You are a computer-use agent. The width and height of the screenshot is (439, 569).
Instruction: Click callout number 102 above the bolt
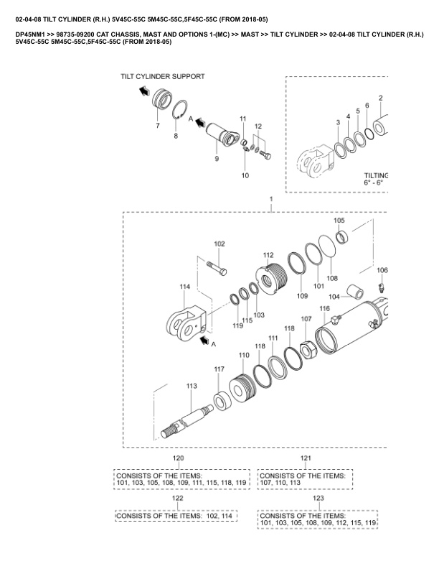(219, 244)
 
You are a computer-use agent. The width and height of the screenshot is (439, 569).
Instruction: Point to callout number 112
(268, 255)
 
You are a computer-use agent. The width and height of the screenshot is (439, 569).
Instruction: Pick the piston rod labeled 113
(189, 416)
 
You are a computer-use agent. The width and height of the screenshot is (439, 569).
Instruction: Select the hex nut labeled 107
(307, 348)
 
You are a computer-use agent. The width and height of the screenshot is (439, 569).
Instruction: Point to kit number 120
(178, 458)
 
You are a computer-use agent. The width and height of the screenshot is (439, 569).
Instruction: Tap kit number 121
(306, 458)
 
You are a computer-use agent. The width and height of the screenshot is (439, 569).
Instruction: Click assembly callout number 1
(270, 198)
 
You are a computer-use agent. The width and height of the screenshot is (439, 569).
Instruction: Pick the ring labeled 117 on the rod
(219, 399)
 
